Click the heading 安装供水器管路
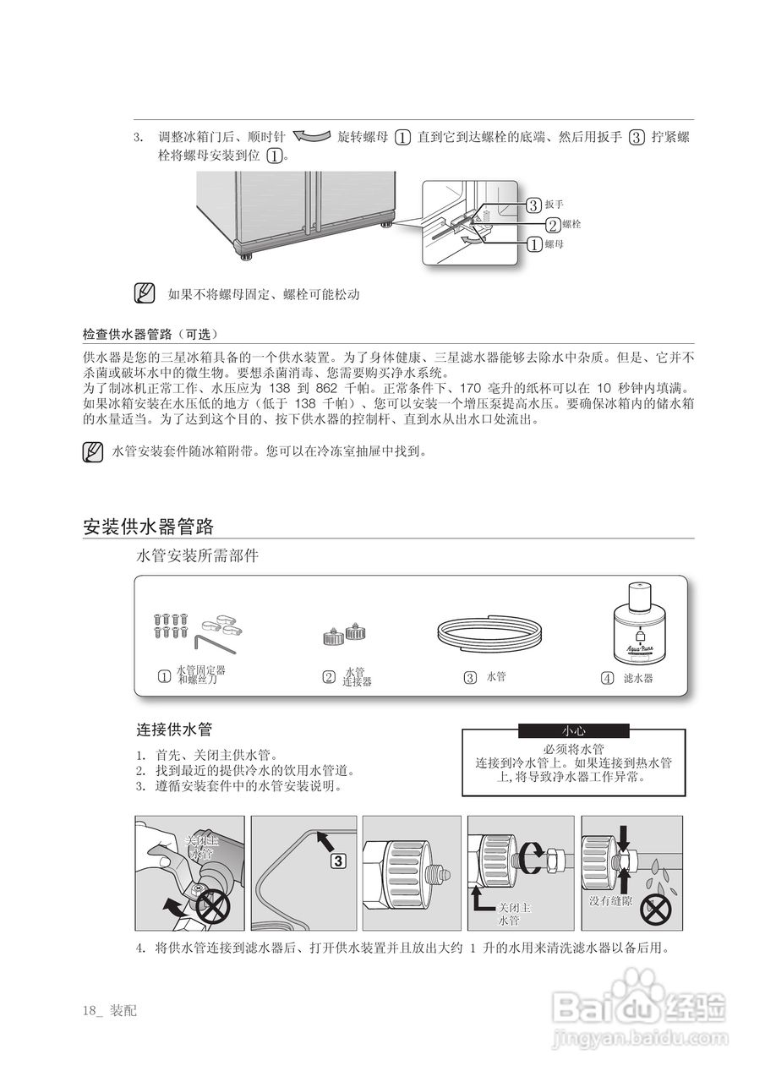pyautogui.click(x=148, y=527)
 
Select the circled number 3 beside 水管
pyautogui.click(x=470, y=678)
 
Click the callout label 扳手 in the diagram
pyautogui.click(x=554, y=205)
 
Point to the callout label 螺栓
pyautogui.click(x=571, y=225)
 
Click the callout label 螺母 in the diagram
pyautogui.click(x=554, y=245)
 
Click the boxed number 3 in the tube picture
pyautogui.click(x=337, y=861)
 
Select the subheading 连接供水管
pyautogui.click(x=174, y=729)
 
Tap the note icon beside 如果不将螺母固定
pyautogui.click(x=145, y=294)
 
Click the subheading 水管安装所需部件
pyautogui.click(x=198, y=555)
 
